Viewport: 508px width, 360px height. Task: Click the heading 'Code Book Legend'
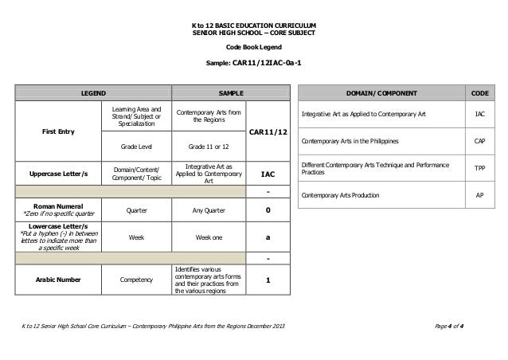point(253,46)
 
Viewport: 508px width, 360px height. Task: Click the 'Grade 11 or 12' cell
point(209,147)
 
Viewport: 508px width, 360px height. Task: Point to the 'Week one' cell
point(209,237)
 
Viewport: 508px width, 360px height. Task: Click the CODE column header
point(479,93)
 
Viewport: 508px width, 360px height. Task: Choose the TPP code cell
point(479,168)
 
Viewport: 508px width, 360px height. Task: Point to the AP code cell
point(479,195)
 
